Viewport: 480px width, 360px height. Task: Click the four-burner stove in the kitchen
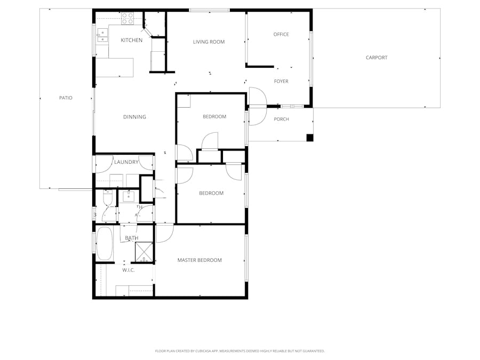tap(127, 18)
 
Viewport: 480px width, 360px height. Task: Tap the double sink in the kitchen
tap(102, 36)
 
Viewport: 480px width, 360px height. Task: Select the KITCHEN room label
tap(131, 41)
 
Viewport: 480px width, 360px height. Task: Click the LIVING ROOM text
tap(209, 42)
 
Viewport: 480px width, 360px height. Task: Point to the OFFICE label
tap(281, 35)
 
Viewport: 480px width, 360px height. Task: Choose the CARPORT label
tap(377, 58)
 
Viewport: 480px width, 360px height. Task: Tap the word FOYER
tap(281, 82)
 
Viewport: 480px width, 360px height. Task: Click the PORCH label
tap(281, 119)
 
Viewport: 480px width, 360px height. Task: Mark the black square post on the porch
tap(310, 138)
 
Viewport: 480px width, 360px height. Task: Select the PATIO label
tap(66, 98)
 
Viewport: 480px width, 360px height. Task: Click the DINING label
tap(134, 117)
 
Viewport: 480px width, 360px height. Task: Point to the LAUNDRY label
tap(126, 162)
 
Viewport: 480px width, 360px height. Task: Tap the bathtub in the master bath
tap(105, 243)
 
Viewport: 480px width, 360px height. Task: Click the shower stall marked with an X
tap(143, 252)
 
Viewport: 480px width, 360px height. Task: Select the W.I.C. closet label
tap(128, 270)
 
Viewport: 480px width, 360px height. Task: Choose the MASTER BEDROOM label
tap(199, 260)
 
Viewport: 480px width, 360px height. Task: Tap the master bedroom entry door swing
tap(164, 233)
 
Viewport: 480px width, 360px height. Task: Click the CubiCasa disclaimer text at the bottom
tap(239, 351)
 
